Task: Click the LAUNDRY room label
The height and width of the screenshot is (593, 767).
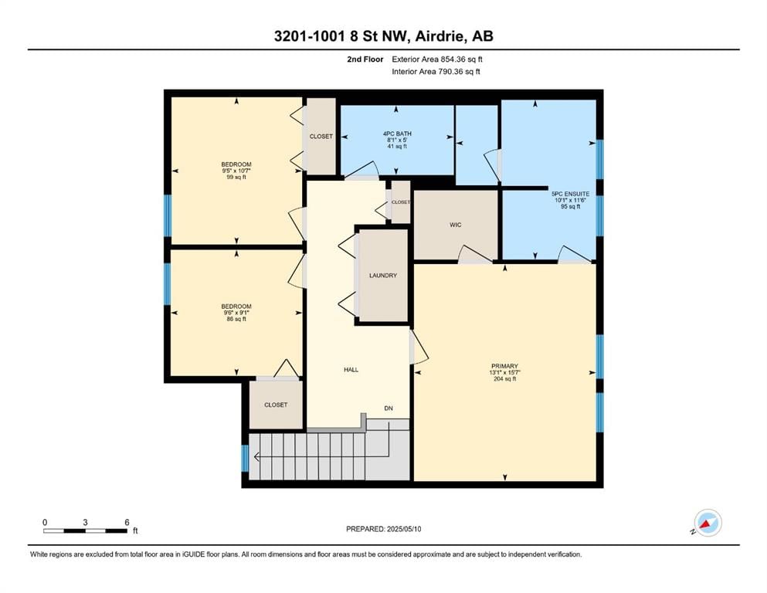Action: click(383, 275)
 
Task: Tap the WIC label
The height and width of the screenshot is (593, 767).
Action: click(456, 225)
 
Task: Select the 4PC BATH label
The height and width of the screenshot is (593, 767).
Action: click(397, 134)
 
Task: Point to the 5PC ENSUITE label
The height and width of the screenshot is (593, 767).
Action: click(570, 194)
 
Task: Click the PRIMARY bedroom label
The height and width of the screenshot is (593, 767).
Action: click(505, 366)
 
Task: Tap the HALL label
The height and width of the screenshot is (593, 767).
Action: click(351, 370)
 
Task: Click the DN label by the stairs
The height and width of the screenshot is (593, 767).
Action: click(389, 408)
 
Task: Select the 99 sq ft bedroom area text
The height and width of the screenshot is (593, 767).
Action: click(236, 177)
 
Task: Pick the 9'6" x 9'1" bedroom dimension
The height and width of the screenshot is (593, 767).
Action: click(236, 313)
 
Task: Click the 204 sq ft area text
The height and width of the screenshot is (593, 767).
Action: click(505, 378)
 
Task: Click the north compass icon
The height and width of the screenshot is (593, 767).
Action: click(708, 523)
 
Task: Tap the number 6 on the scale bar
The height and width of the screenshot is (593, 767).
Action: click(127, 522)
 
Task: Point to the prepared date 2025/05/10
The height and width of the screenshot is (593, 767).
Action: click(403, 529)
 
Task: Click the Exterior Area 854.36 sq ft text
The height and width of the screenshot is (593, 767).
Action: click(437, 59)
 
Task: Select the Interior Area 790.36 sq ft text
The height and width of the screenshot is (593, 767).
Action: click(436, 71)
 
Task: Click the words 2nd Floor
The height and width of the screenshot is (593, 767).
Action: click(365, 59)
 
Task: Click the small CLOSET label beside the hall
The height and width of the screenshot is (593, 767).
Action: click(401, 202)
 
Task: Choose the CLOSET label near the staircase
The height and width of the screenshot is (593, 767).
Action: click(276, 405)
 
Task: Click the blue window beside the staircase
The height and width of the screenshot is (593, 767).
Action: click(245, 458)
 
